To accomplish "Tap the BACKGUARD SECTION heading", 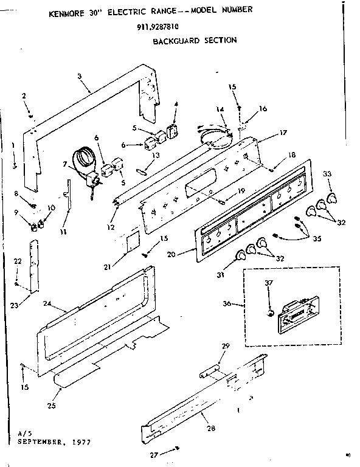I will click(194, 41).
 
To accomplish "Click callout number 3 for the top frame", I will click(80, 75).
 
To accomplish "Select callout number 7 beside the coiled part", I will click(65, 164).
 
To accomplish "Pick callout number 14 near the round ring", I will click(220, 109).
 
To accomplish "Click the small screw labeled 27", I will click(176, 448).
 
